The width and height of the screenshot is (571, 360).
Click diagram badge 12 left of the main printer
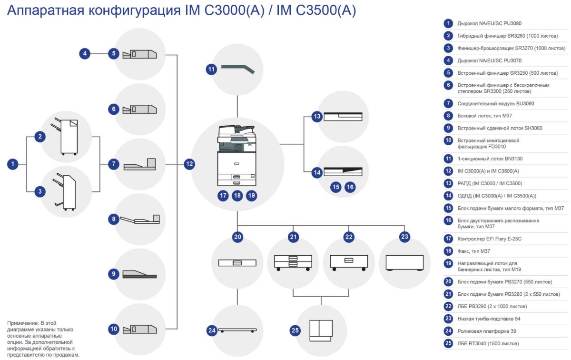click(x=189, y=164)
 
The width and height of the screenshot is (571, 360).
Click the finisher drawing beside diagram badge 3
click(x=67, y=191)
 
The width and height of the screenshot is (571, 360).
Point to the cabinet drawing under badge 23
click(x=404, y=263)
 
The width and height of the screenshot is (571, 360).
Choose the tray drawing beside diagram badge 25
click(x=320, y=330)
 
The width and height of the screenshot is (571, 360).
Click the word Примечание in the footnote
click(x=22, y=323)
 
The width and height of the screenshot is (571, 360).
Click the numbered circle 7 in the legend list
click(x=448, y=103)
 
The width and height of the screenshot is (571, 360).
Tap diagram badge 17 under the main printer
click(x=223, y=195)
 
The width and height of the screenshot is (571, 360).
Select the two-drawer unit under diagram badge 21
click(x=293, y=261)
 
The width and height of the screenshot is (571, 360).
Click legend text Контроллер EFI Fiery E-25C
click(x=490, y=239)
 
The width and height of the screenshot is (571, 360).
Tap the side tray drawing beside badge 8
click(x=140, y=220)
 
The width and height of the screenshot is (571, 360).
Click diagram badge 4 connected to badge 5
click(x=85, y=53)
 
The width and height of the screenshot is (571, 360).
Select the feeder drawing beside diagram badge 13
click(x=343, y=117)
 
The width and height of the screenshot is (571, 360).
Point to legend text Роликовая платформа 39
click(x=487, y=331)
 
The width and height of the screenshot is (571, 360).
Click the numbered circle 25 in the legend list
click(x=448, y=343)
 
